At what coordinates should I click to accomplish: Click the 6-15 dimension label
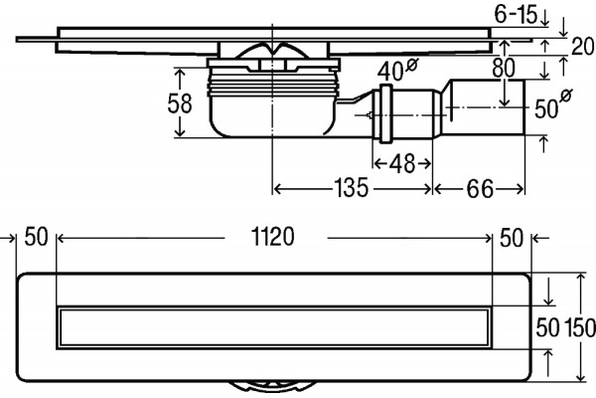click(x=517, y=15)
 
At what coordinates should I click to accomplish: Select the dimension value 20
click(x=583, y=47)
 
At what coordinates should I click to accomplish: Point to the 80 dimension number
click(x=504, y=69)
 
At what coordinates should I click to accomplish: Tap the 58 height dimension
click(x=180, y=103)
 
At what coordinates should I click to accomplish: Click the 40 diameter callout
click(x=396, y=70)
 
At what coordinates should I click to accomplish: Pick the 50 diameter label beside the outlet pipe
click(x=553, y=103)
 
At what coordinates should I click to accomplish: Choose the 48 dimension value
click(x=402, y=164)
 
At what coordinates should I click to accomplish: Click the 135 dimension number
click(x=351, y=188)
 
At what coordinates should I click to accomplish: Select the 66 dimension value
click(x=480, y=188)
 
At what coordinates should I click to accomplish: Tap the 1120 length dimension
click(x=273, y=237)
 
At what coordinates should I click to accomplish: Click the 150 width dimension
click(x=580, y=327)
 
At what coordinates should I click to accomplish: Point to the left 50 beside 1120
click(x=36, y=237)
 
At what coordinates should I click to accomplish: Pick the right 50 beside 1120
click(x=512, y=238)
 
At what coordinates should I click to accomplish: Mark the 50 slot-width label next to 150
click(x=547, y=327)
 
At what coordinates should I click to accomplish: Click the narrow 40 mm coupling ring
click(x=384, y=113)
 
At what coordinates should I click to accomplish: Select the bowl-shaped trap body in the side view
click(x=273, y=114)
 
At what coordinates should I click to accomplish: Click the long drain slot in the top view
click(x=274, y=327)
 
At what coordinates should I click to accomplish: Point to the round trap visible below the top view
click(x=273, y=387)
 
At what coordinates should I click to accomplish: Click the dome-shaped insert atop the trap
click(x=273, y=51)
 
